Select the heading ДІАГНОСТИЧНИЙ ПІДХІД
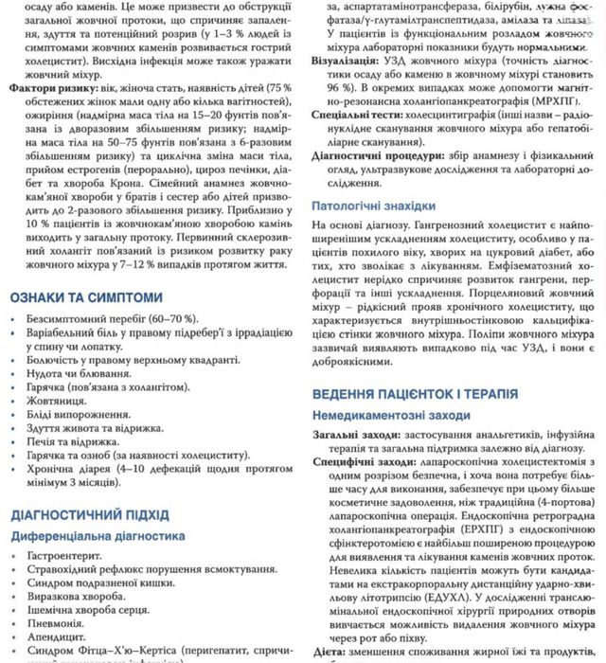click(x=90, y=515)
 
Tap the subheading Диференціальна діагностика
click(x=98, y=535)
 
